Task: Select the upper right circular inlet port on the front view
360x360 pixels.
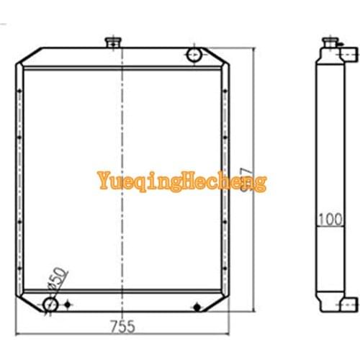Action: click(x=194, y=55)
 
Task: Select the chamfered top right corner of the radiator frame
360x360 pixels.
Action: click(x=220, y=55)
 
